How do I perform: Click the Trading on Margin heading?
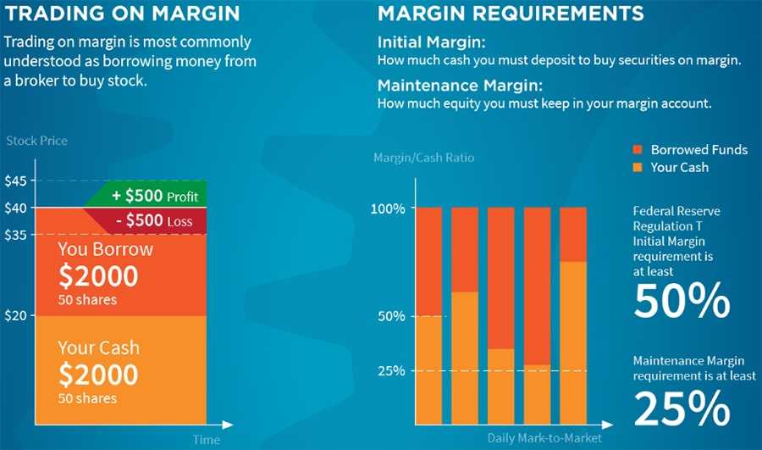coord(122,14)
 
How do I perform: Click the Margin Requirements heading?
coord(511,14)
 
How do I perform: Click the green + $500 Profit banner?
coord(155,196)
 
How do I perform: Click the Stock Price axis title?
coord(36,140)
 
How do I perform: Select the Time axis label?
coord(206,440)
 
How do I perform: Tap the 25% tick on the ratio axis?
coord(390,371)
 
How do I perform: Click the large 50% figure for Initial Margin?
coord(682,301)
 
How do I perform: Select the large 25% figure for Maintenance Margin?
coord(682,409)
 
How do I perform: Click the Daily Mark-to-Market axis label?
coord(544,438)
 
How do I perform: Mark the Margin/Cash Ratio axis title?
coord(424,158)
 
